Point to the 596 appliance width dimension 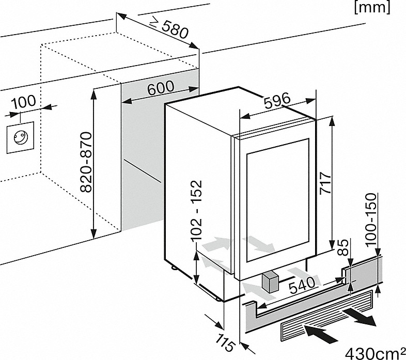[x=277, y=100]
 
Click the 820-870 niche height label [x=85, y=162]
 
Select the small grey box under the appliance [x=270, y=283]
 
